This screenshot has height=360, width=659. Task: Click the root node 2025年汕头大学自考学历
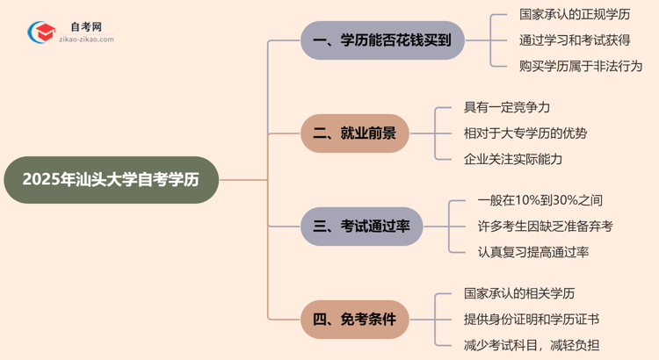(x=110, y=180)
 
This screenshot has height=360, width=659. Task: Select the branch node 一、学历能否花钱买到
(x=382, y=40)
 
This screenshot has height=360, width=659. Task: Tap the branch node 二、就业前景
(x=355, y=133)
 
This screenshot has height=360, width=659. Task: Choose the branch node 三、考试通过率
(x=362, y=227)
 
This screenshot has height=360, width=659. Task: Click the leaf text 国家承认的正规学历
(x=575, y=15)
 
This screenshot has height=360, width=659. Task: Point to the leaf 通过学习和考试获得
(x=575, y=40)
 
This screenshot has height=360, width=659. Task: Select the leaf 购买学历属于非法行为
(x=581, y=66)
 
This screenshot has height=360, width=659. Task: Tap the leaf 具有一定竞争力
(x=507, y=108)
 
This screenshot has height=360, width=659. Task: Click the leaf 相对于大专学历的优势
(x=525, y=133)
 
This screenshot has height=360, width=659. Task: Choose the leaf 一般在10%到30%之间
(x=540, y=201)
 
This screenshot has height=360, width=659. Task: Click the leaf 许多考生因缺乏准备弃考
(x=546, y=227)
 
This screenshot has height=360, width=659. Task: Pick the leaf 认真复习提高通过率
(x=533, y=252)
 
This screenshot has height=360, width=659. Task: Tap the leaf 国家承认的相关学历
(x=519, y=294)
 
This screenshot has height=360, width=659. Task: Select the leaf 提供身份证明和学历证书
(x=531, y=320)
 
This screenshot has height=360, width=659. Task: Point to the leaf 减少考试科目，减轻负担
(x=531, y=345)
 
